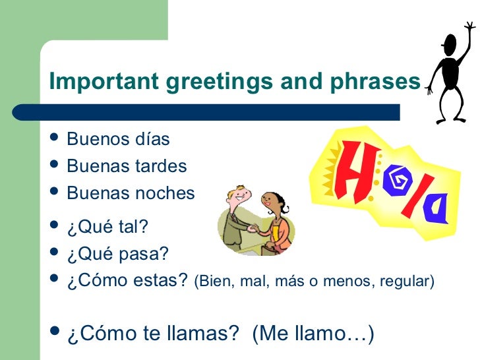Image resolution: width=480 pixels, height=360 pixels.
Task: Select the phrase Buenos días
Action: (119, 140)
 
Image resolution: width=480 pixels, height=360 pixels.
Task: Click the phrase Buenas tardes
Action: (127, 166)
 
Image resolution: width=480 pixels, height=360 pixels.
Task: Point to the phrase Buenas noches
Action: (131, 193)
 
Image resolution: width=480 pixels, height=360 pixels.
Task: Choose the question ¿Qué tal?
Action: (107, 227)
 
